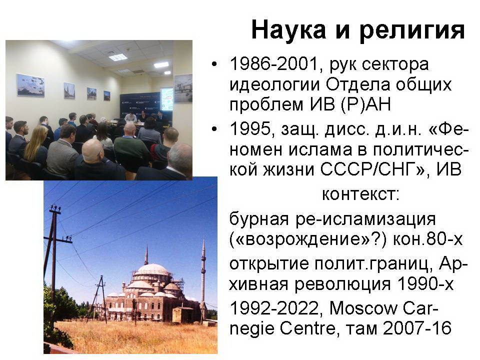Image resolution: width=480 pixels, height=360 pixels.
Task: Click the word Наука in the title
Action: [x=288, y=29]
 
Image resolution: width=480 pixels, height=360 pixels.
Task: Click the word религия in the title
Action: [x=412, y=30]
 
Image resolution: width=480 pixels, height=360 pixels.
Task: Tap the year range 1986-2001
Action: [x=273, y=64]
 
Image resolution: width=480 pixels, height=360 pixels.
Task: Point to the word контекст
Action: [x=360, y=194]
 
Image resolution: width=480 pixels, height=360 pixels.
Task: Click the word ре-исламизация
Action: [x=365, y=219]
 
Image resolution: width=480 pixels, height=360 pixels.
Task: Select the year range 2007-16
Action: [x=417, y=328]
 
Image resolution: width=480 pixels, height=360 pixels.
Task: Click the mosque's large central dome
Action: [x=151, y=270]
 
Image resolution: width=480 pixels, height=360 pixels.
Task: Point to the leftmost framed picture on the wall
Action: [x=30, y=85]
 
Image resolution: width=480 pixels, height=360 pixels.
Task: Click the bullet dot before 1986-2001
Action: [x=214, y=64]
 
